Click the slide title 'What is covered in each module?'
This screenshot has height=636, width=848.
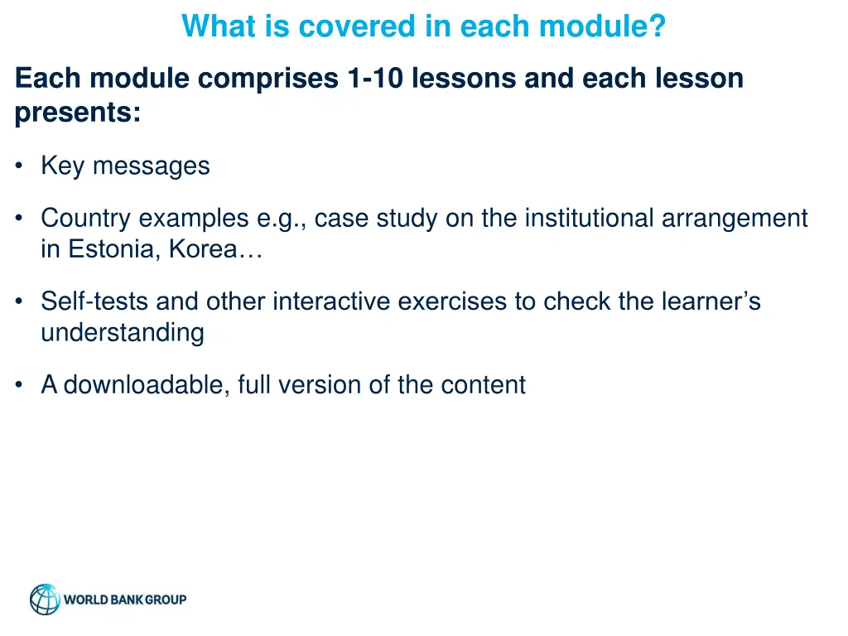[x=423, y=26]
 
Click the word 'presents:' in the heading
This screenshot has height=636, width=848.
[x=78, y=113]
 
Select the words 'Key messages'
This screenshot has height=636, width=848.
[x=125, y=166]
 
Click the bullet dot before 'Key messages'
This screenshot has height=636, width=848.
[x=18, y=166]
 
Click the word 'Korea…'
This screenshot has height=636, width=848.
[x=216, y=249]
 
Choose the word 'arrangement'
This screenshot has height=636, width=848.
[x=735, y=219]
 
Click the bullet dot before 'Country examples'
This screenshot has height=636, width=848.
[x=18, y=219]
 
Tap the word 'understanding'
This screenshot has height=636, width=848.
[x=123, y=333]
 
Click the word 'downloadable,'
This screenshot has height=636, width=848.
[x=147, y=385]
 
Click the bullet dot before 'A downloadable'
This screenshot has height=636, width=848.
[x=18, y=385]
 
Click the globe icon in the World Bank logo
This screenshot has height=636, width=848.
[x=45, y=600]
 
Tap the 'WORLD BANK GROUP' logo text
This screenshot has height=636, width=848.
[x=126, y=600]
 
